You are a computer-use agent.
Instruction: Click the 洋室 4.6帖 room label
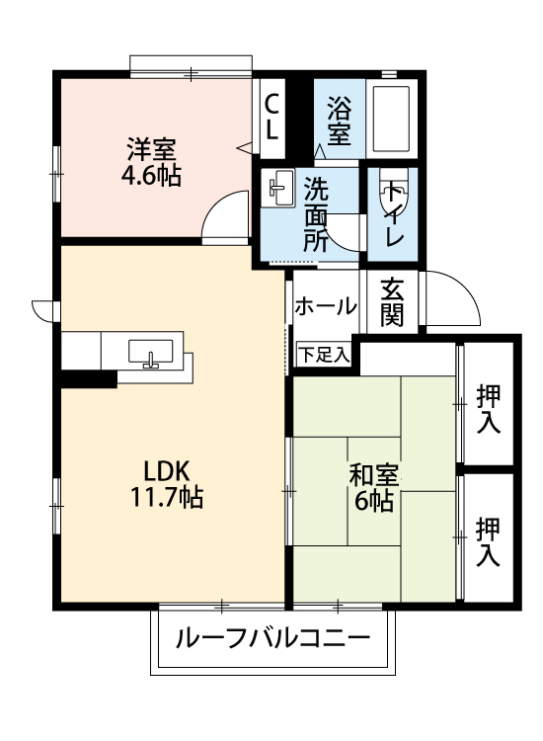[x=152, y=163]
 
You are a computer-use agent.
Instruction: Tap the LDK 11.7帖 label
[x=167, y=483]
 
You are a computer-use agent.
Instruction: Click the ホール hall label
[x=325, y=306]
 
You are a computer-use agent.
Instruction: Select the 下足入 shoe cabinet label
[x=325, y=354]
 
